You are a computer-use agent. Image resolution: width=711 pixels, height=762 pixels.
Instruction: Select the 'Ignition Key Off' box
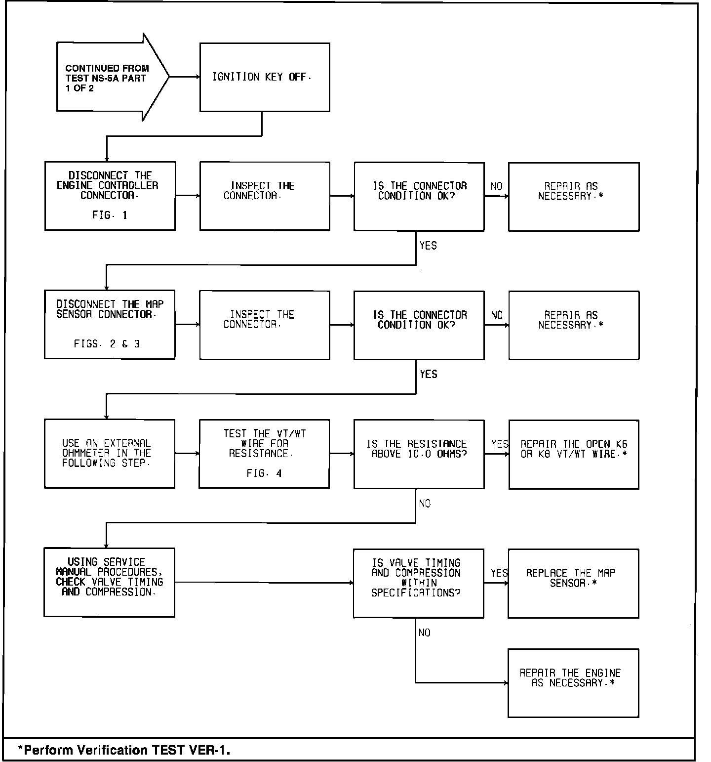(265, 77)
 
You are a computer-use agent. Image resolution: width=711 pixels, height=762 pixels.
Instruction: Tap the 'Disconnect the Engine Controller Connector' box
(110, 196)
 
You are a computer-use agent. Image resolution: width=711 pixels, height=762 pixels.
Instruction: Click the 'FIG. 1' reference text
(110, 215)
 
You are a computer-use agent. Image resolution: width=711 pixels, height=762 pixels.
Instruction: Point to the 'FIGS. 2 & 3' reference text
(107, 344)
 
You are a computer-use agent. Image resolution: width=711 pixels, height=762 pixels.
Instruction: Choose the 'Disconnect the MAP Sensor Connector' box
(110, 325)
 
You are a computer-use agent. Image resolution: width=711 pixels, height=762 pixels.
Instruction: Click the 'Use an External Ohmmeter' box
(110, 454)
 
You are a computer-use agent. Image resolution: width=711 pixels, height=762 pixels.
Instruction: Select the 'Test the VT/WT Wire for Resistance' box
(264, 454)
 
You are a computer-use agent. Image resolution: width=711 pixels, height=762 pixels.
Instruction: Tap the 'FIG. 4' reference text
(264, 473)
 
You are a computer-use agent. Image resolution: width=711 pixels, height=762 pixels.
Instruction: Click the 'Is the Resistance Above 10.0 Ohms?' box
(419, 454)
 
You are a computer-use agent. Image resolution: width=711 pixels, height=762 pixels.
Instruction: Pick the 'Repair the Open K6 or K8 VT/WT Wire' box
(574, 454)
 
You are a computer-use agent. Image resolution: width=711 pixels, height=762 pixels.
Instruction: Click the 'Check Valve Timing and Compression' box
(109, 582)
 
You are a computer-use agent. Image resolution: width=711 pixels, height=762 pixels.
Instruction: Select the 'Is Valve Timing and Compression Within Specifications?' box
(418, 583)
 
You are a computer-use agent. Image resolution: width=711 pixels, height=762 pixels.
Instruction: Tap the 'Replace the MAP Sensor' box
(573, 583)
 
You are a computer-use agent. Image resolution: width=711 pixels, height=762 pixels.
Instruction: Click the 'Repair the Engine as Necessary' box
(573, 683)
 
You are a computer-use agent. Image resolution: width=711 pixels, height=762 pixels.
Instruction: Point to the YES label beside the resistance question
(500, 444)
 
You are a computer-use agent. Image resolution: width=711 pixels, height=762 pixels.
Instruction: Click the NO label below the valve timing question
(424, 633)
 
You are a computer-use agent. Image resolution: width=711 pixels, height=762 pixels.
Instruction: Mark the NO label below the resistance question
(425, 504)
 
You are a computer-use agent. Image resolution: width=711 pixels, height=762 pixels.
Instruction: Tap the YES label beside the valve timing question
(499, 573)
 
